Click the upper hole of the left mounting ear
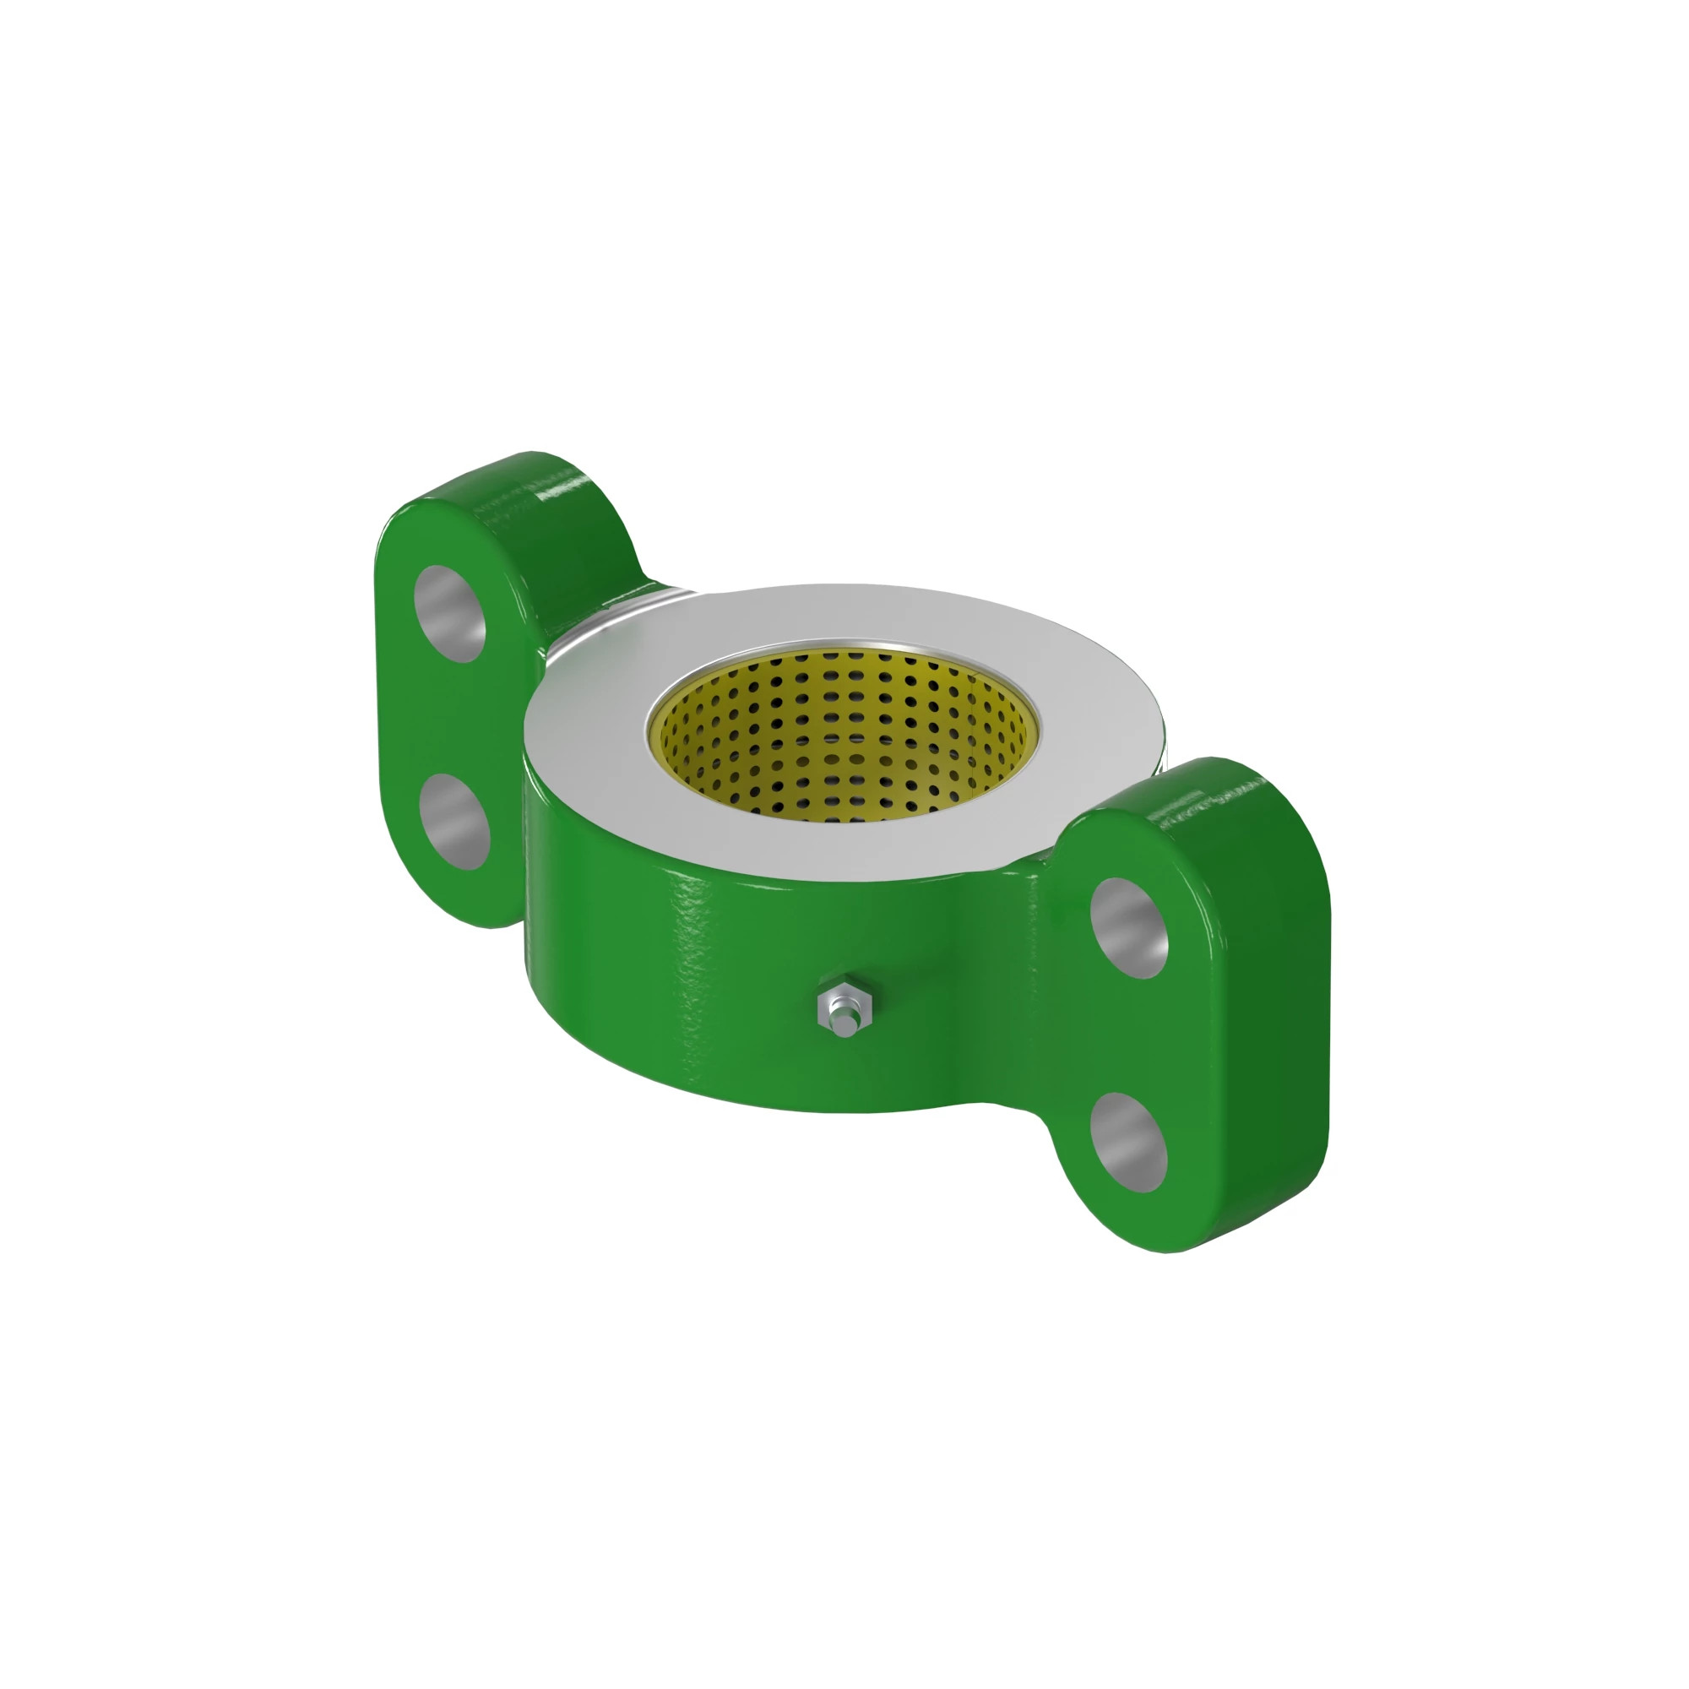(x=451, y=614)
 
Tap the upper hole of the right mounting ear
(x=1129, y=927)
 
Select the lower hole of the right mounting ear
(x=1129, y=1143)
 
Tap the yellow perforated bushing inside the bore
(x=839, y=752)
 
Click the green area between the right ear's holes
(x=1129, y=1036)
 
